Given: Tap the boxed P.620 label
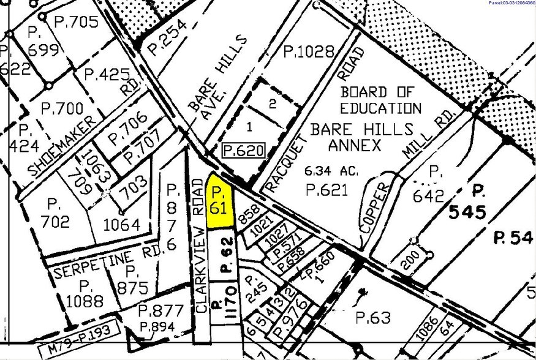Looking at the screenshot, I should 243,149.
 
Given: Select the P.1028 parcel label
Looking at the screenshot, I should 309,51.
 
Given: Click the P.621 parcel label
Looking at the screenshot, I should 327,190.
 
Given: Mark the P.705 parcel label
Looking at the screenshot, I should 76,22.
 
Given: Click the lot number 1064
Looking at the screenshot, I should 122,224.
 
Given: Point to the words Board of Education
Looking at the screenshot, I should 380,100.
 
